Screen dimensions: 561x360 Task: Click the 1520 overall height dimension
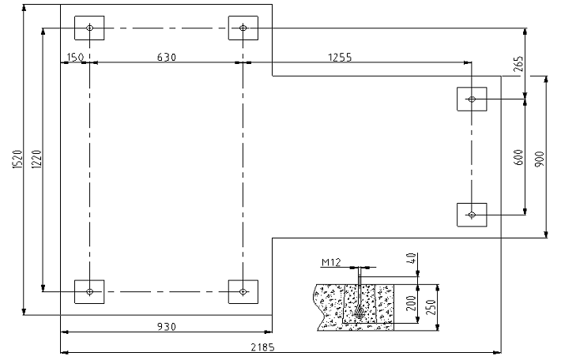17,159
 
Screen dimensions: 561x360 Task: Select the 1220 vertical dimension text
36,159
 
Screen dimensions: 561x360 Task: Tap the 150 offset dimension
75,57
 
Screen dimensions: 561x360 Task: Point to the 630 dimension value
167,57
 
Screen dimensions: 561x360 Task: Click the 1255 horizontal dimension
340,57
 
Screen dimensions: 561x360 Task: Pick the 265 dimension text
518,64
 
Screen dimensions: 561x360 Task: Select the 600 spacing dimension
518,157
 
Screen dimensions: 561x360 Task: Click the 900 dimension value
540,159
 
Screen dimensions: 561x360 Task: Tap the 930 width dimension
167,327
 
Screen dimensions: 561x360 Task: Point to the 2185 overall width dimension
262,347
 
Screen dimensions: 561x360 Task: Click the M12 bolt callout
331,263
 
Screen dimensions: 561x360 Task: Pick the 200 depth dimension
412,303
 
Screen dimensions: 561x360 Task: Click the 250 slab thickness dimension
432,307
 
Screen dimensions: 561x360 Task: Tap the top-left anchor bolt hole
89,28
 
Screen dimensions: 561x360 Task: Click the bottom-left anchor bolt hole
89,292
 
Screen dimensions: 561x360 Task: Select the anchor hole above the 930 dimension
243,292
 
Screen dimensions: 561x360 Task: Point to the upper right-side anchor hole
472,99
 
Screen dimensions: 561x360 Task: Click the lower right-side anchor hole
472,215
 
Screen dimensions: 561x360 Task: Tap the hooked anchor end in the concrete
360,313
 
